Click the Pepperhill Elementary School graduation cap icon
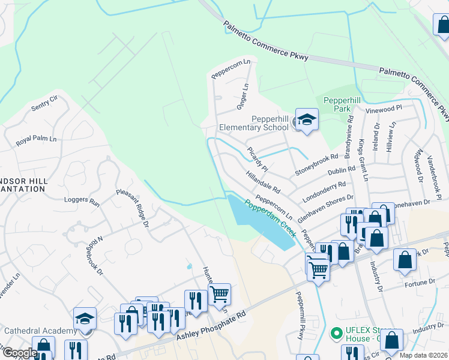click(307, 120)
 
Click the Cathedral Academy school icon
click(85, 319)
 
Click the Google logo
click(19, 353)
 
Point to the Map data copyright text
click(424, 355)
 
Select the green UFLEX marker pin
click(337, 331)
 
